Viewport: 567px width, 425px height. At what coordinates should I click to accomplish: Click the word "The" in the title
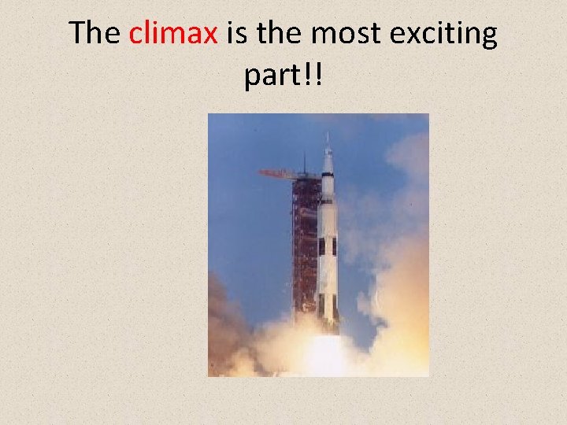(94, 34)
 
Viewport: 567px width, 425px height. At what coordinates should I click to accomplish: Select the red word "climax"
(173, 34)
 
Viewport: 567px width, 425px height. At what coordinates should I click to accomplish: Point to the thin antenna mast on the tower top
(305, 161)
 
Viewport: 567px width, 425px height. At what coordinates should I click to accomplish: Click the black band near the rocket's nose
(328, 201)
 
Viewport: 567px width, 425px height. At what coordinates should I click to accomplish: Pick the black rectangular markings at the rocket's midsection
(327, 246)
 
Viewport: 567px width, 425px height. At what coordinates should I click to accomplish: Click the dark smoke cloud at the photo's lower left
(224, 331)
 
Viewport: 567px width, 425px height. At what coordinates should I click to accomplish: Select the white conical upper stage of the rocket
(328, 169)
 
